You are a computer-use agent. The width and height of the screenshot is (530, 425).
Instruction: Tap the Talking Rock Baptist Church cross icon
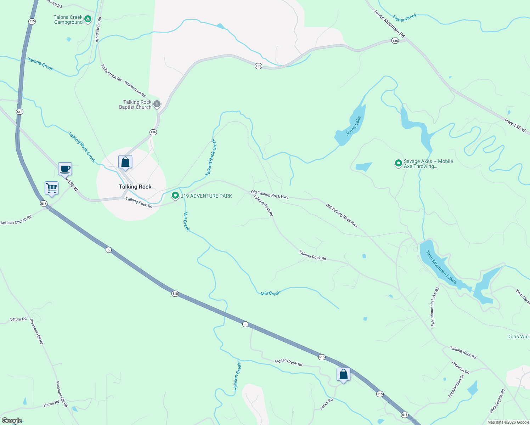pos(157,104)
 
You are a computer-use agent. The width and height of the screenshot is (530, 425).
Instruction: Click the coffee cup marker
pos(65,169)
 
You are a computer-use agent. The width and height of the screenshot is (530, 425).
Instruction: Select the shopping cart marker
pos(52,188)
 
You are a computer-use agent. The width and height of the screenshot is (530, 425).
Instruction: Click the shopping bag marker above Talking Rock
pos(125,162)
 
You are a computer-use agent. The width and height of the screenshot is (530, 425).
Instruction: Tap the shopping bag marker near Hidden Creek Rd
pos(343,374)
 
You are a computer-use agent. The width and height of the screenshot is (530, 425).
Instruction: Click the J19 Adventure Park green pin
pos(175,195)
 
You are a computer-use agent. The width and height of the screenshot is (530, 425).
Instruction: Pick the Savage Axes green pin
pos(399,163)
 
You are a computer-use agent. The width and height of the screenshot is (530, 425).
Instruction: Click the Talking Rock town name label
pos(135,187)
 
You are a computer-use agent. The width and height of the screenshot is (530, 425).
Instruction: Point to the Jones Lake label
pos(353,126)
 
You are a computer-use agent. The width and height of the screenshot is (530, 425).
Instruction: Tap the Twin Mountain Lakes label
pos(441,267)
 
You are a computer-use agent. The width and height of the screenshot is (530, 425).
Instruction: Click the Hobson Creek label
pos(237,376)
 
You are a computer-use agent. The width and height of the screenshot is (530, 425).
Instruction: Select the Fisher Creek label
pos(405,18)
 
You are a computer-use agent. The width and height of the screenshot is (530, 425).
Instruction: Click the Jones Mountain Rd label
pos(389,24)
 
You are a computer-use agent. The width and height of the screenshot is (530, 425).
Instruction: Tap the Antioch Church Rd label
pos(16,220)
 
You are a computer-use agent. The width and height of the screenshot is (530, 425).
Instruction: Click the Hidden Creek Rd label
pos(288,362)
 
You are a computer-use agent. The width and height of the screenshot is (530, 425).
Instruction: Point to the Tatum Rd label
pos(18,319)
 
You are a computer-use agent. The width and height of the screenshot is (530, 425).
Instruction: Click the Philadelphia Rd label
pos(497,401)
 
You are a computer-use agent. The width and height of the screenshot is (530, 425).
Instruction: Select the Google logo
pos(12,421)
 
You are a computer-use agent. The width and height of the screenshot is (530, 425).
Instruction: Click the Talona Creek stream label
pos(40,64)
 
